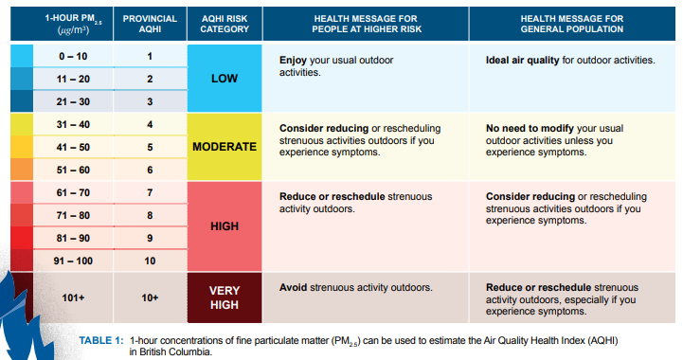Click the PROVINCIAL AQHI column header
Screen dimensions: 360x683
click(150, 23)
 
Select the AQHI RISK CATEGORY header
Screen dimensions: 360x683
click(225, 23)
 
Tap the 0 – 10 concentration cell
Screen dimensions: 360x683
click(73, 57)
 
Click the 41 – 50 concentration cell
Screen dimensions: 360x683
click(73, 147)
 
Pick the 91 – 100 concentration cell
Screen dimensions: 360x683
click(73, 260)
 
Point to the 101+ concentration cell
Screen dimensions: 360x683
click(73, 297)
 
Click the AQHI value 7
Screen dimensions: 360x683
click(150, 192)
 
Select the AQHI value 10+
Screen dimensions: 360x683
click(150, 297)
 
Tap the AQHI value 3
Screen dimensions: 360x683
click(150, 101)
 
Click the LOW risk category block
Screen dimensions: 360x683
click(225, 79)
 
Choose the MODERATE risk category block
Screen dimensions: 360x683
click(225, 147)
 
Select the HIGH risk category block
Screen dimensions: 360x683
click(225, 226)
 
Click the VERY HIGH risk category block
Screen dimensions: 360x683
click(225, 297)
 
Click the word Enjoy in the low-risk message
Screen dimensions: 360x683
click(295, 60)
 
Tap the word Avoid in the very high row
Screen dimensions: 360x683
click(295, 287)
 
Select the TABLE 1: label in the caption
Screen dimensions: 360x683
click(101, 339)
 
